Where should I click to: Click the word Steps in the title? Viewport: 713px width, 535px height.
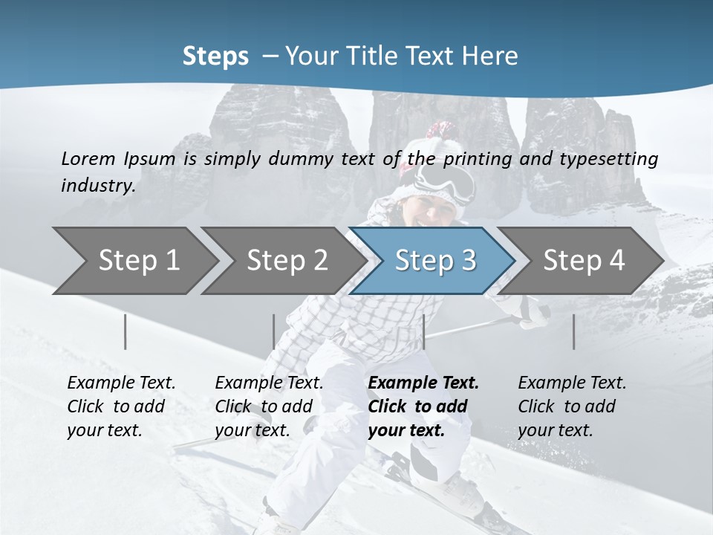tap(215, 56)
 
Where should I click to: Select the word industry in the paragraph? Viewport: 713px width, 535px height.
tap(97, 185)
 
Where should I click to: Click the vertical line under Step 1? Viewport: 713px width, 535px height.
tap(126, 331)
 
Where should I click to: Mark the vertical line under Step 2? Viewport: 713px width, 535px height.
tap(274, 331)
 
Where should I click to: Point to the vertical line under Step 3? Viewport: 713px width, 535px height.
tap(423, 331)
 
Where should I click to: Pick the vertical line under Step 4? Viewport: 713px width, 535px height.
tap(574, 331)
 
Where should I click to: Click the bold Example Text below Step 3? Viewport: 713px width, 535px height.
tap(423, 383)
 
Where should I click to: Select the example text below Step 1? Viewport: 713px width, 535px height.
tap(121, 406)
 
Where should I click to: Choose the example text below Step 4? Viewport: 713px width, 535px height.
tap(572, 406)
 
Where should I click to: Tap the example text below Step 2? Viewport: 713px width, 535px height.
tap(269, 406)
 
